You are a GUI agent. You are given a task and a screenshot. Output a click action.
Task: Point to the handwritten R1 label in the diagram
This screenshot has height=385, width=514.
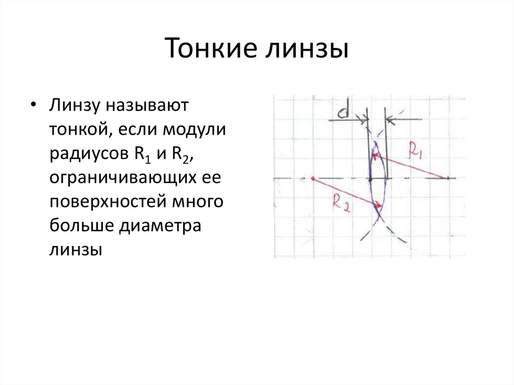417,151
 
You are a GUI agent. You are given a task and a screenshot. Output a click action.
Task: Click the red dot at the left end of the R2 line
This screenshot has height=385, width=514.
312,178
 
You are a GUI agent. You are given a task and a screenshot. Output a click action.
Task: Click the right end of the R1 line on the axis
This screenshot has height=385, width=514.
446,178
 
